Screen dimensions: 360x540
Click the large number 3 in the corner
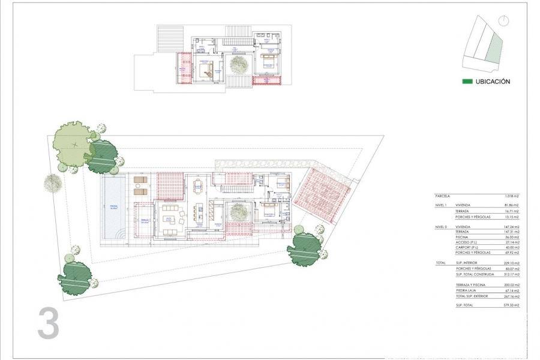[49, 323]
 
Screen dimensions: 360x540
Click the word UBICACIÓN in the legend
[493, 82]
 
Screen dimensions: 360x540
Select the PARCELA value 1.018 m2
[511, 196]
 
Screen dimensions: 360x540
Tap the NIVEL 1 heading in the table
[442, 205]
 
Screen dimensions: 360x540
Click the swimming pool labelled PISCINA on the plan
[114, 207]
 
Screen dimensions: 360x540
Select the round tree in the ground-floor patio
[239, 211]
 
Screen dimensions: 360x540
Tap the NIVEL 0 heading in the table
[442, 227]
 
